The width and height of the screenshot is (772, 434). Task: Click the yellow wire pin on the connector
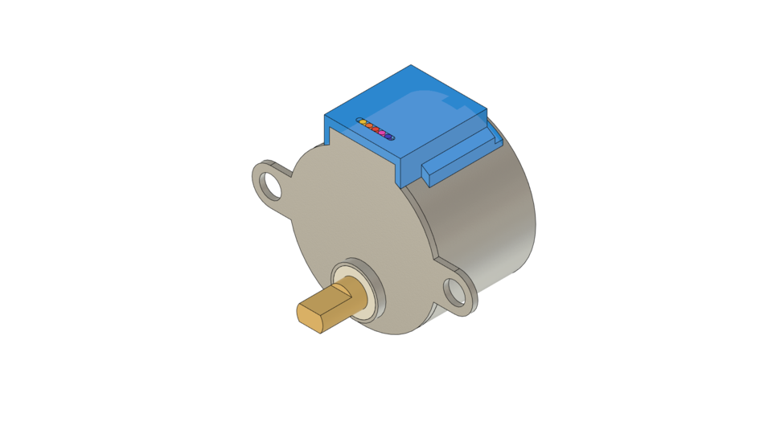click(363, 122)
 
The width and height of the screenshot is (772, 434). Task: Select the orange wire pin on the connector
click(369, 125)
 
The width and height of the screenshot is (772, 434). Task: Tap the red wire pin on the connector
click(376, 129)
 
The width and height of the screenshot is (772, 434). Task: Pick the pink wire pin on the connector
click(382, 133)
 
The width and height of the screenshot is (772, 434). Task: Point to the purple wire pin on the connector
click(388, 137)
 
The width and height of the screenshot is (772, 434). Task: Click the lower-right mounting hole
click(456, 293)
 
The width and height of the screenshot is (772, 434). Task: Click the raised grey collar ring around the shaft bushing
click(377, 282)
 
